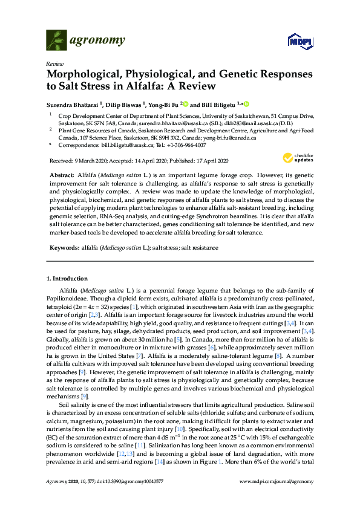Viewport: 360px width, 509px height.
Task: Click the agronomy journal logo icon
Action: click(x=56, y=41)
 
